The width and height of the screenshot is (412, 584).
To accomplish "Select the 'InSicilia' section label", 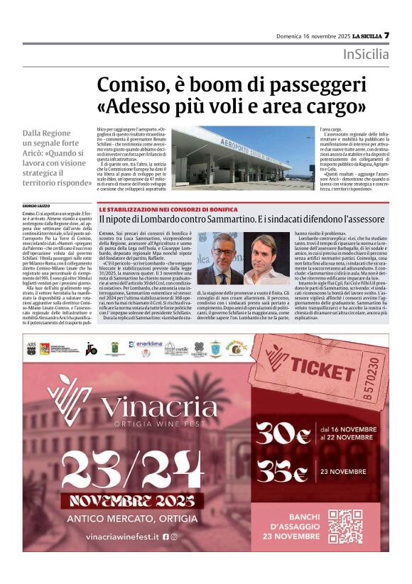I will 366,55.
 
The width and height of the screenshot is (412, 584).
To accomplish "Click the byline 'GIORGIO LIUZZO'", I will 37,205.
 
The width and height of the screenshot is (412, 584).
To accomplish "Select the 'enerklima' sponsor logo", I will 150,346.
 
